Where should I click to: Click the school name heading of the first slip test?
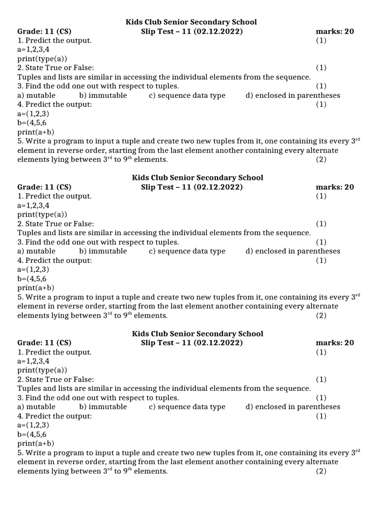click(191, 22)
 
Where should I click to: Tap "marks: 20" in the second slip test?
click(334, 187)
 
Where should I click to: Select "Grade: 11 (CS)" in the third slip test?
click(44, 343)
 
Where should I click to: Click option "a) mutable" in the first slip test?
click(36, 95)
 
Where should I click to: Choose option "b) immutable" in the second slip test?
click(103, 251)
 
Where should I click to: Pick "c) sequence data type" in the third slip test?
click(187, 407)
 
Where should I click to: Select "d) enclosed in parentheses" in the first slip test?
click(292, 95)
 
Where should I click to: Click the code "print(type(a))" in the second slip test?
click(42, 214)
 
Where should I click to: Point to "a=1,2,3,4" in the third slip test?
click(33, 361)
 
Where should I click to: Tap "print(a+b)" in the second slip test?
click(36, 288)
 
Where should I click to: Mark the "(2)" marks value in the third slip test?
click(321, 471)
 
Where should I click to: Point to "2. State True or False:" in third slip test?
click(55, 379)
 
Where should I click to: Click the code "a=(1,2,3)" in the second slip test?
click(33, 269)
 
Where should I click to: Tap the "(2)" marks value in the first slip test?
click(321, 160)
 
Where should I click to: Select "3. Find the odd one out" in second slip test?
click(98, 242)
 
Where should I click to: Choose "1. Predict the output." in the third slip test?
click(54, 352)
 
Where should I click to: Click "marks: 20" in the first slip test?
click(334, 32)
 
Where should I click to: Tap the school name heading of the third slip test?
click(197, 334)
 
